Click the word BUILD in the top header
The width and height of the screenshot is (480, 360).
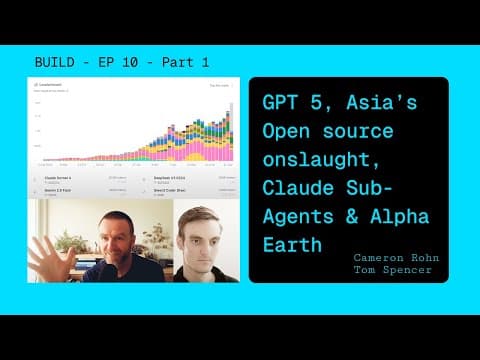pos(56,62)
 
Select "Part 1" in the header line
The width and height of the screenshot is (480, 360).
pos(188,62)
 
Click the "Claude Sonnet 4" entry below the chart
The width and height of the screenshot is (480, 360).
pos(65,177)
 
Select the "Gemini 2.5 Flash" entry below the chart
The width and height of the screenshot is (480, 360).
pos(66,188)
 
